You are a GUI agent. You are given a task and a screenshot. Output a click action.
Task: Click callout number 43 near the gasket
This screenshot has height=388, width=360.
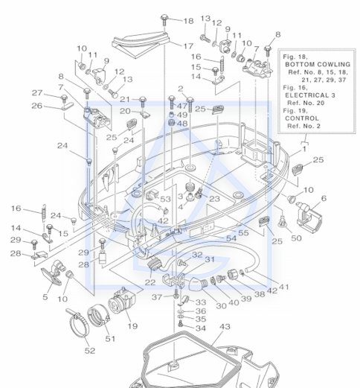click(225, 326)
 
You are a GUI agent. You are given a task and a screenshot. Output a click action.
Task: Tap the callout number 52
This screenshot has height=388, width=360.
click(90, 351)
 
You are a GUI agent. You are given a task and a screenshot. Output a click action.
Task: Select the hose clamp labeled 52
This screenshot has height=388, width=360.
click(77, 323)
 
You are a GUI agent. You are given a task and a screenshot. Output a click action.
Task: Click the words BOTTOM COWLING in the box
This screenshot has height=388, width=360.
click(318, 65)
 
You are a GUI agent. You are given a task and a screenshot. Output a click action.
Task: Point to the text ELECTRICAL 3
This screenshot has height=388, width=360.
click(310, 95)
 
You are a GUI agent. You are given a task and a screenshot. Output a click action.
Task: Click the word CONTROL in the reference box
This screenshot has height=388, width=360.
click(302, 118)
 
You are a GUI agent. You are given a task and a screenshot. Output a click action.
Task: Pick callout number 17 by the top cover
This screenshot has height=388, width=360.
click(188, 46)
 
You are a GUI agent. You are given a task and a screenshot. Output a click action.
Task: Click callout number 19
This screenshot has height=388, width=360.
click(132, 325)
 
